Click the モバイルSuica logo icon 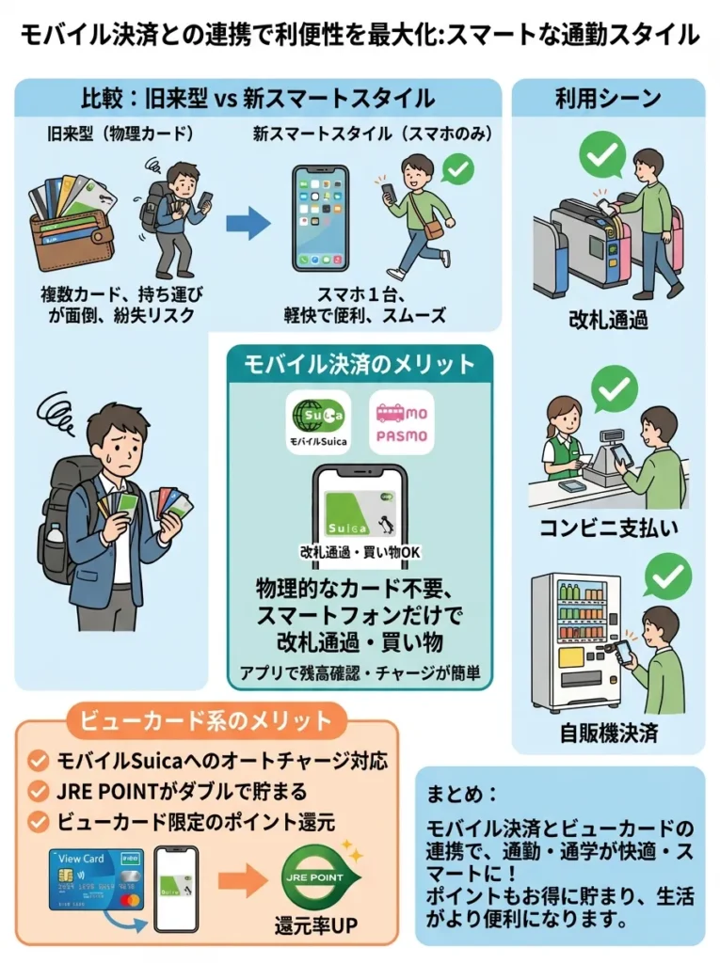317,421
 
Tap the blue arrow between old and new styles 248,223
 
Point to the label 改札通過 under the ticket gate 607,319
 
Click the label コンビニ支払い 607,528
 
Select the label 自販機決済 607,733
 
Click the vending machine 572,639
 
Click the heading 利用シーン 607,98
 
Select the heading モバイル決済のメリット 360,364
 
